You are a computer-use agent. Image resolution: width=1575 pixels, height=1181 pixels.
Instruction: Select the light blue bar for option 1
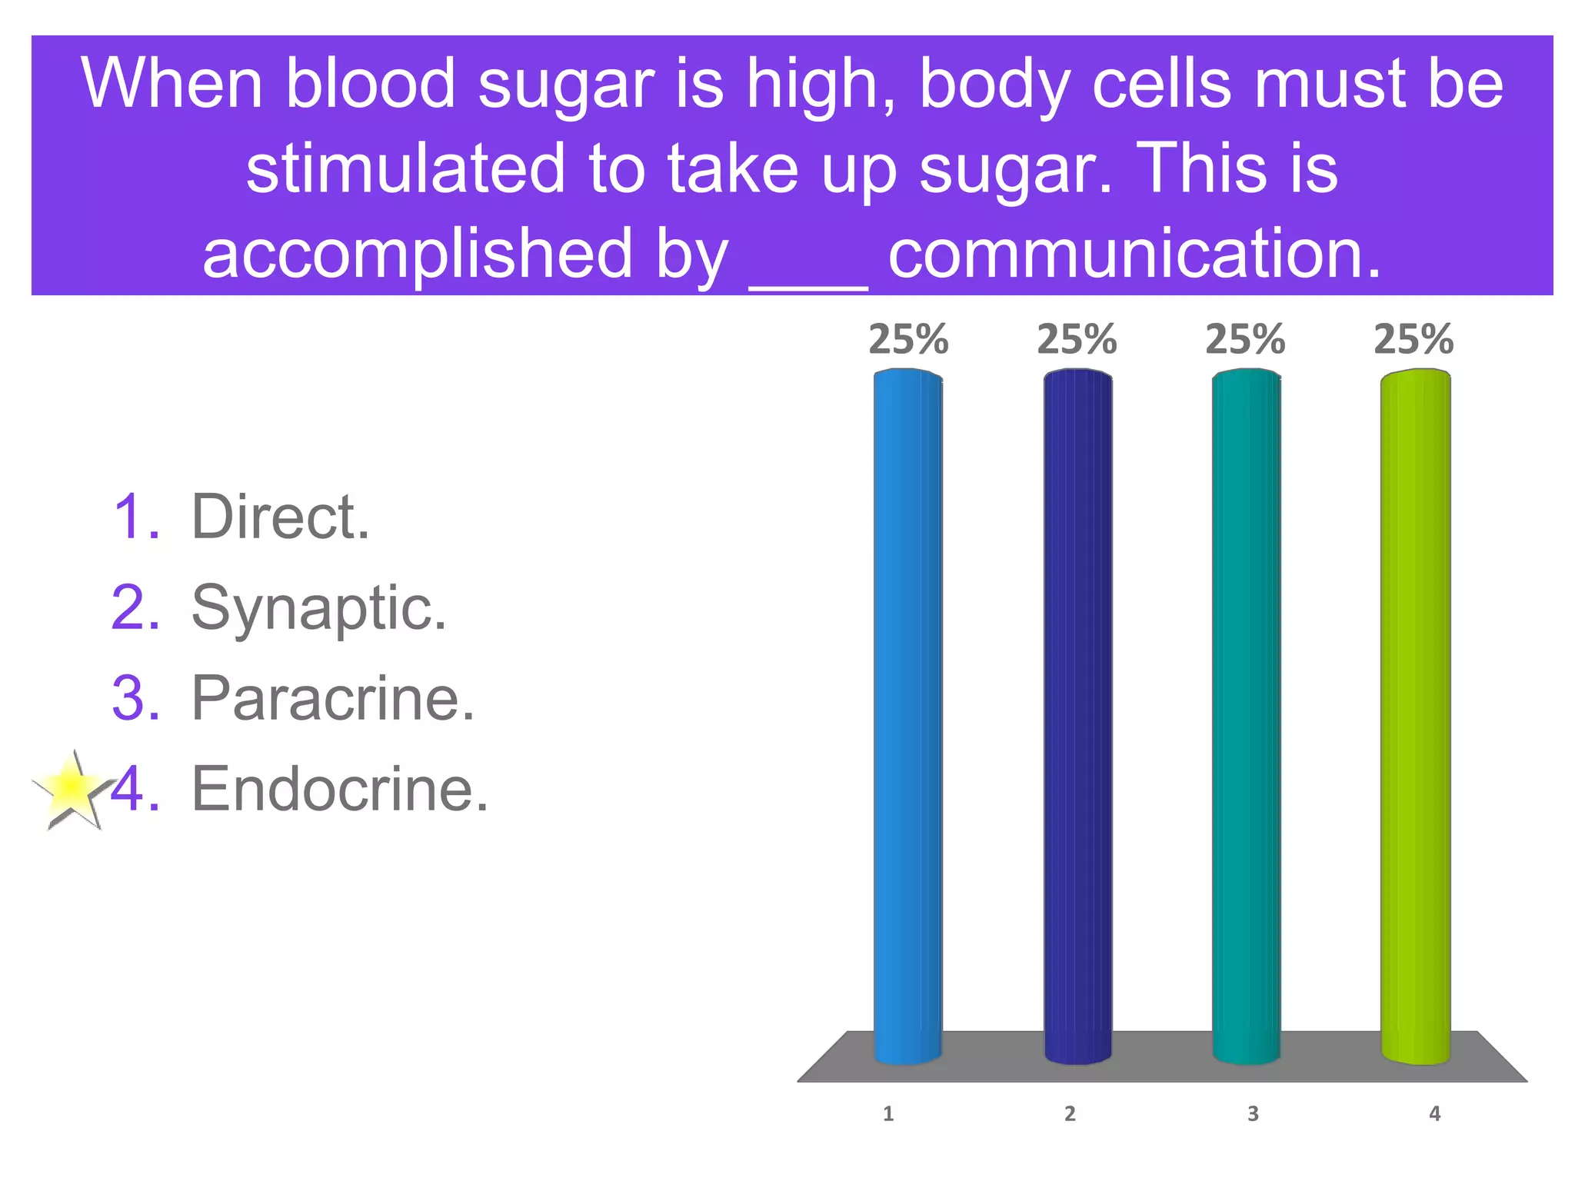[x=907, y=715]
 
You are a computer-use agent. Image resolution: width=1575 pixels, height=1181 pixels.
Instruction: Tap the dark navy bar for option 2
[x=1077, y=715]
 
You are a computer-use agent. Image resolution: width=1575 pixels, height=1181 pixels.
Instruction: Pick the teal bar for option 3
[x=1246, y=715]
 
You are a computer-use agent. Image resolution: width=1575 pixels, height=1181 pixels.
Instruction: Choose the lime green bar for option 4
[x=1415, y=715]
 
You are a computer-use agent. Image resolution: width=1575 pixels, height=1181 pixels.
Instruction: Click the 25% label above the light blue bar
[x=908, y=339]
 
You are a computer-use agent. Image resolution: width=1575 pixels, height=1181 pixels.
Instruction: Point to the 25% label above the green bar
[x=1414, y=339]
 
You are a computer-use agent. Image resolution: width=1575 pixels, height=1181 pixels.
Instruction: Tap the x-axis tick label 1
[x=888, y=1114]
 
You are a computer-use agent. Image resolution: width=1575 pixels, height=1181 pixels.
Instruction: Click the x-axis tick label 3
[x=1253, y=1114]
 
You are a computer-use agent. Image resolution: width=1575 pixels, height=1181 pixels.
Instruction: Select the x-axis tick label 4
[x=1434, y=1114]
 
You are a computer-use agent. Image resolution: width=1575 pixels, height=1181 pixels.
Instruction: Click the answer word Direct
[x=281, y=517]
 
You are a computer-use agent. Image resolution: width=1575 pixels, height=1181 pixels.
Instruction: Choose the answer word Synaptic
[x=318, y=609]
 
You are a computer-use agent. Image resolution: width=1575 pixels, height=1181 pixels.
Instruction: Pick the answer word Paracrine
[x=333, y=699]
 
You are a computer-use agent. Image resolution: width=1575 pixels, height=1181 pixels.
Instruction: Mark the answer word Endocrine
[x=340, y=790]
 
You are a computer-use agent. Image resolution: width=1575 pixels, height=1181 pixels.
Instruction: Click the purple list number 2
[x=135, y=608]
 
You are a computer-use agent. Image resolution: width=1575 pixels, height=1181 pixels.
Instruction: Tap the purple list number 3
[x=135, y=699]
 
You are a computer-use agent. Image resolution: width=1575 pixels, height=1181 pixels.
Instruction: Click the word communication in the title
[x=1135, y=254]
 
